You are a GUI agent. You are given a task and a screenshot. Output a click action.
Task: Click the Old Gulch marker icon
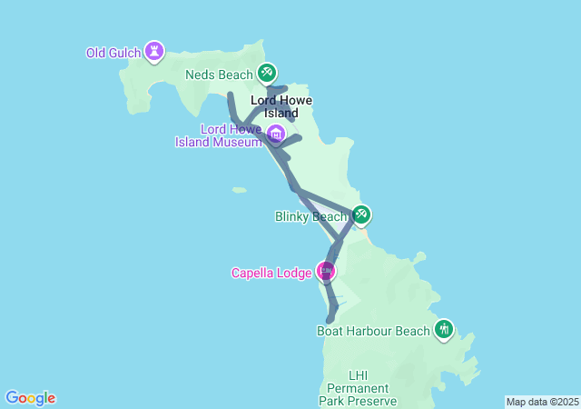155,51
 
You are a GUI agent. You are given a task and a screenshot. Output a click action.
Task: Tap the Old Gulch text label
113,53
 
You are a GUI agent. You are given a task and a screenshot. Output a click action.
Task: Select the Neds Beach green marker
267,72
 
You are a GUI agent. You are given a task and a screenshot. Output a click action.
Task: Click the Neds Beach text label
218,75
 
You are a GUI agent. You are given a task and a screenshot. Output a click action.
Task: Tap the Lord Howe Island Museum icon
276,135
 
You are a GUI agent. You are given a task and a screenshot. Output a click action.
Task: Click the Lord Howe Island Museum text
219,135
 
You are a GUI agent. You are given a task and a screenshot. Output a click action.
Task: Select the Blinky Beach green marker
361,214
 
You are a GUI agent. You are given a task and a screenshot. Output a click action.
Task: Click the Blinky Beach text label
310,217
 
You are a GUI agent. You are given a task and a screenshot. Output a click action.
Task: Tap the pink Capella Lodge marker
326,270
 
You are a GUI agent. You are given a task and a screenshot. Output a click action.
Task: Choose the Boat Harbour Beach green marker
444,328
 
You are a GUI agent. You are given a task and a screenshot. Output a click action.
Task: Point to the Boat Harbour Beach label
372,331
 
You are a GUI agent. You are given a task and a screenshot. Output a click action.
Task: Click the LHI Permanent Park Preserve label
358,388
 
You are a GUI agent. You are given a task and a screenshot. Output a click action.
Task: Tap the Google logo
30,397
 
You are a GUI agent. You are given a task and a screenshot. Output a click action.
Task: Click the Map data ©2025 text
541,402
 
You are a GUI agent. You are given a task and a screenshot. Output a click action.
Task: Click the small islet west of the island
239,190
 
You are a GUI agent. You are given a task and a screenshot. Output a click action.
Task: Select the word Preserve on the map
372,401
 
